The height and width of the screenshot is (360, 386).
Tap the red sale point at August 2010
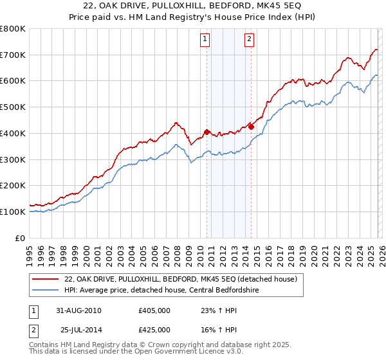coord(207,132)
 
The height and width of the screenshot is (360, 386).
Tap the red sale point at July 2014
coord(251,127)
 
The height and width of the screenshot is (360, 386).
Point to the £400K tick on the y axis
coord(12,133)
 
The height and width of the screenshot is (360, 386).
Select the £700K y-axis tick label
coord(12,55)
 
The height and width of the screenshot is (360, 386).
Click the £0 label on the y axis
coord(20,238)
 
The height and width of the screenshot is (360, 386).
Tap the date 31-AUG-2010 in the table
coord(78,310)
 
